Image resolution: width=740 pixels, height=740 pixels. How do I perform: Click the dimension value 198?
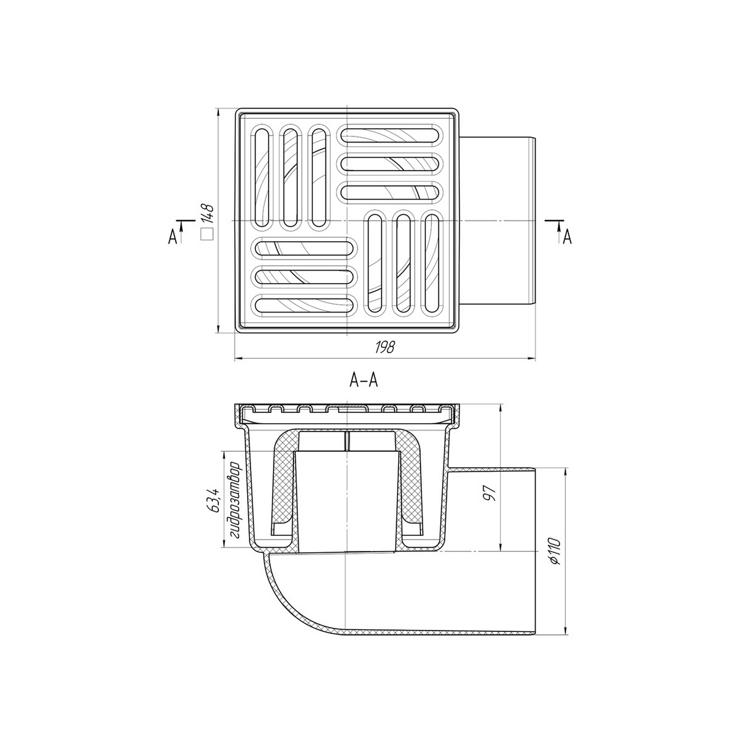[385, 347]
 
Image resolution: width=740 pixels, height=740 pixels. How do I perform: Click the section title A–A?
[364, 380]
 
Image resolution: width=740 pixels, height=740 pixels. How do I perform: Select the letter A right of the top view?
[567, 237]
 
